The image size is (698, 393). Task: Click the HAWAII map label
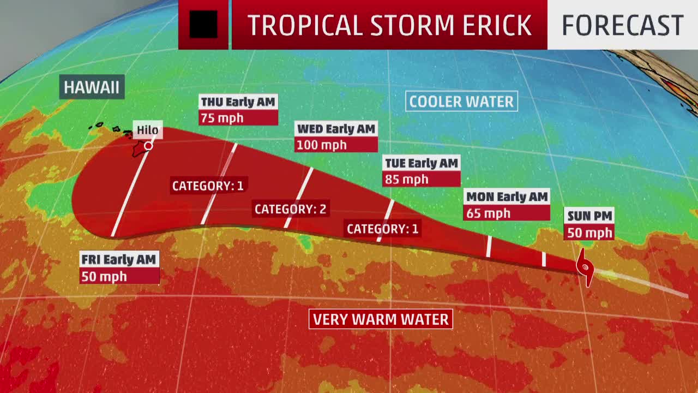92,87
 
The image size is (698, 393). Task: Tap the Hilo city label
147,130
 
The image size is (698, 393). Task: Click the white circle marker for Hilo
148,146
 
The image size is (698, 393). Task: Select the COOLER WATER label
461,102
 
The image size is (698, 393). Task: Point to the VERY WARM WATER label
381,319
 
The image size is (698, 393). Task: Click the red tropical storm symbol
585,267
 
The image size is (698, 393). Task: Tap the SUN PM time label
589,216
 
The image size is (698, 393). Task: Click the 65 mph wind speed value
489,213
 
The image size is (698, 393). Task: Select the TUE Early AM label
422,163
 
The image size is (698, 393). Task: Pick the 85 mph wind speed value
407,180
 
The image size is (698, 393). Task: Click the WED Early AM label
336,129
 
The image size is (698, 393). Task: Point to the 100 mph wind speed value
321,145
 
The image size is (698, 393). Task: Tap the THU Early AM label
238,102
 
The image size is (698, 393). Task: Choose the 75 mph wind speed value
222,118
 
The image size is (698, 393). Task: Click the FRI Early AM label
119,260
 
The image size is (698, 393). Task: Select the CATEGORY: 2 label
290,209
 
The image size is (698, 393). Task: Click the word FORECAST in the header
622,25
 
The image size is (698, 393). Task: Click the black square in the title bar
203,25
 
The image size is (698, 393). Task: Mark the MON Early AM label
507,197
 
